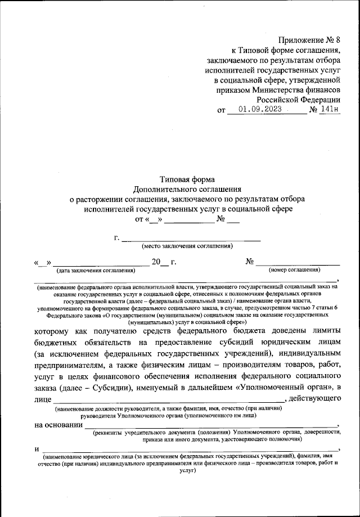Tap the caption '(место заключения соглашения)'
187,246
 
